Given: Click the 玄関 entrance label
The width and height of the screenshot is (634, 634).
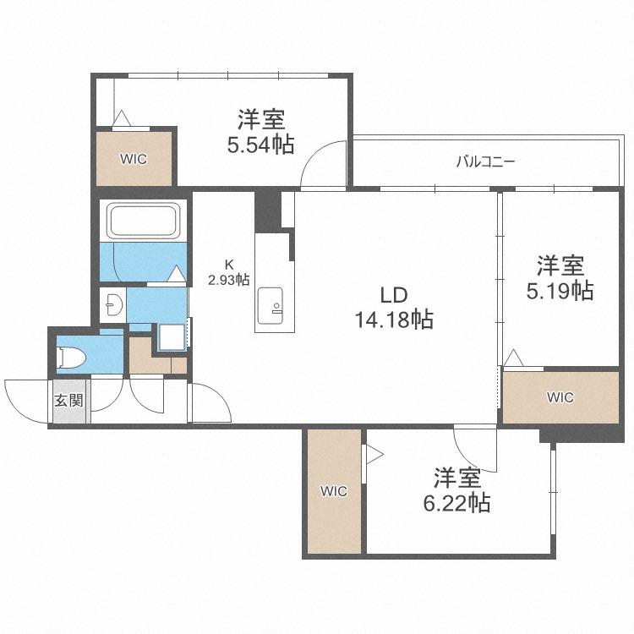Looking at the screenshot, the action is [x=69, y=401].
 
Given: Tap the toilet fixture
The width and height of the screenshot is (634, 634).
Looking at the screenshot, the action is [x=72, y=358].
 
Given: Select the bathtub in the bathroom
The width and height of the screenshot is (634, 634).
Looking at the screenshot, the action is [x=143, y=221].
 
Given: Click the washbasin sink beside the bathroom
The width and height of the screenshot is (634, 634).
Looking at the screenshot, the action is [x=114, y=304].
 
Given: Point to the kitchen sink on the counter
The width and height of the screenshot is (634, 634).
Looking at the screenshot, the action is [x=271, y=306].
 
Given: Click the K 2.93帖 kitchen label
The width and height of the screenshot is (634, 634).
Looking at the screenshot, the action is [x=228, y=272].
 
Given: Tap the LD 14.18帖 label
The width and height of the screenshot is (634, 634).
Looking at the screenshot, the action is [x=394, y=308].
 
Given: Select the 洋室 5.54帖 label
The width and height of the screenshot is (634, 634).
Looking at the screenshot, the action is [x=261, y=131].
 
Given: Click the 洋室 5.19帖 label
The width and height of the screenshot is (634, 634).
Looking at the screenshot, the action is [x=560, y=277].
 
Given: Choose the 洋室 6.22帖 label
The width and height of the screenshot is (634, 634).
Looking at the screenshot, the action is [x=456, y=489].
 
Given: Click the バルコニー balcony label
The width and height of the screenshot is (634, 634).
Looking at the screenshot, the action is [x=485, y=162].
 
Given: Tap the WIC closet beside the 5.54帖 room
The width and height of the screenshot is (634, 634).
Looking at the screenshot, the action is [x=134, y=159].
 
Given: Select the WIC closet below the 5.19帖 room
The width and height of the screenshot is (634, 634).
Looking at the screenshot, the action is [x=560, y=397].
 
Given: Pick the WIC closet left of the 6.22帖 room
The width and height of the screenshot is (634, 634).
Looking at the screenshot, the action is [x=334, y=491].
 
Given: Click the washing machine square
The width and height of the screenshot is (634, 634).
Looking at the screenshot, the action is [x=172, y=337].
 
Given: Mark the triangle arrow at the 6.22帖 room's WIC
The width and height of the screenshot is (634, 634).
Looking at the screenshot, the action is [x=374, y=455].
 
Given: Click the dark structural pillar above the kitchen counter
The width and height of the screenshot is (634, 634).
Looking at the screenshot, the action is [x=268, y=211].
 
